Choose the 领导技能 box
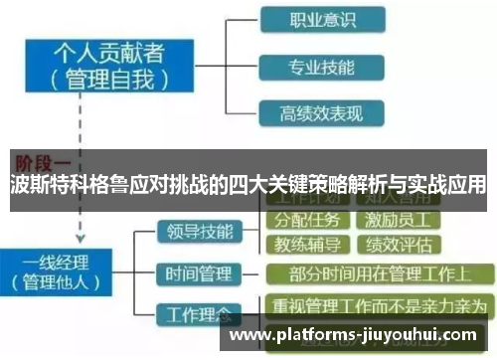(196, 232)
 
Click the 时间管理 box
(196, 272)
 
